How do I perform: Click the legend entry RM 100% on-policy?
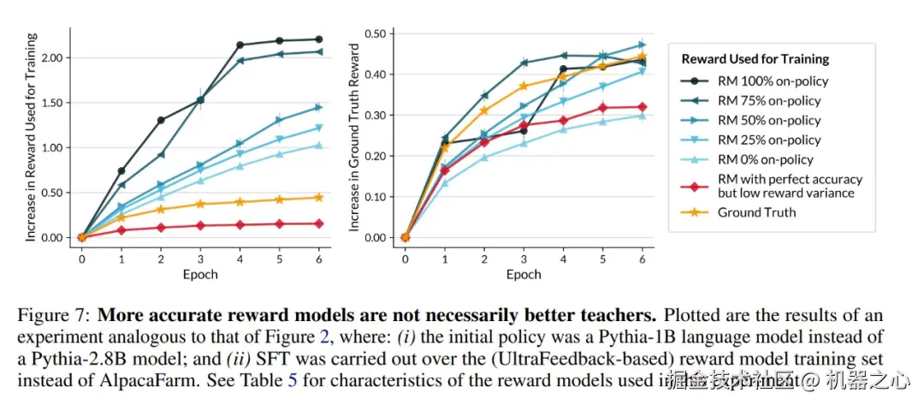coord(773,81)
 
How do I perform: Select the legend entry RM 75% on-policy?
coord(769,101)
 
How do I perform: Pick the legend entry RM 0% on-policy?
coord(766,159)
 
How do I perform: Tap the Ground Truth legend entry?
coord(756,212)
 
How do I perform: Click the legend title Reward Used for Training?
coord(755,59)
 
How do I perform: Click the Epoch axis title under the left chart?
coord(200,275)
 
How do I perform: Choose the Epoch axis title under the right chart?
coord(523,275)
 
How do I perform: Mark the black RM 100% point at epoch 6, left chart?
coord(319,39)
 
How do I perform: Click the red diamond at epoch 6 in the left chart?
coord(319,223)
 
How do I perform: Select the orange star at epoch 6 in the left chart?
coord(319,197)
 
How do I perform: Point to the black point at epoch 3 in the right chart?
coord(524,131)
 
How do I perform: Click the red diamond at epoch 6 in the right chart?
coord(642,107)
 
